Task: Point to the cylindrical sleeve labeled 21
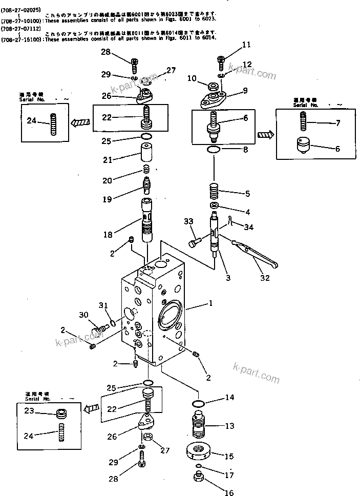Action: pos(146,153)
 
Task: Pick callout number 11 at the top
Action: pos(246,45)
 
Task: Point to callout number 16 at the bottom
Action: pos(228,493)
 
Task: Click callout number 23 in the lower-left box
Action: pos(30,410)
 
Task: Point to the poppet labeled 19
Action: pos(146,183)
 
